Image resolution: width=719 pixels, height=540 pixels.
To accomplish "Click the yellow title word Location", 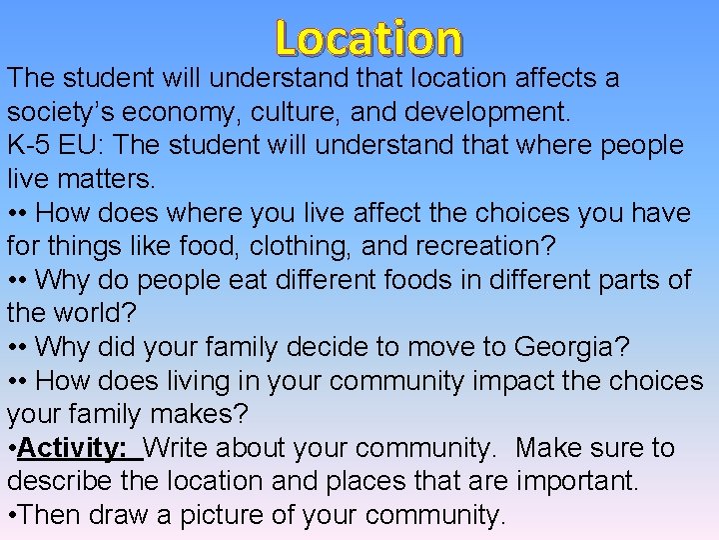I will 368,38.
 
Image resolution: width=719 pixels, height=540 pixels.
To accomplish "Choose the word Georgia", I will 566,347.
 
